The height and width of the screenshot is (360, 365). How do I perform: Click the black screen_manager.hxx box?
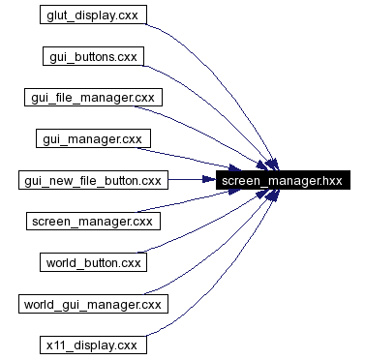coord(281,180)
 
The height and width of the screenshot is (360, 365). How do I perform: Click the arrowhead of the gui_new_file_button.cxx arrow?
coord(211,180)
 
